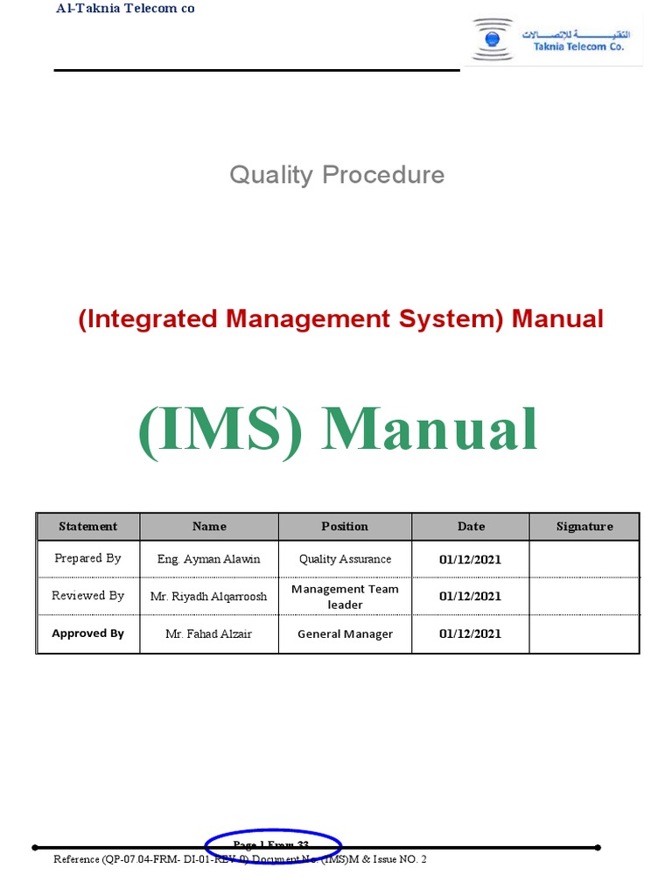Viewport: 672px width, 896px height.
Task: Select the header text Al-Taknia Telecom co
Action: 125,9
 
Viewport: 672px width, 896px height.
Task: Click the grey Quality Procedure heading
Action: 337,175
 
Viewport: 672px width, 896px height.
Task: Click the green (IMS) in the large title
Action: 220,430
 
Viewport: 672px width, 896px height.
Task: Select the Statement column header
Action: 87,527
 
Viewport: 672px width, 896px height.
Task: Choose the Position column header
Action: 345,527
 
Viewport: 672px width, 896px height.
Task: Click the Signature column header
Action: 584,527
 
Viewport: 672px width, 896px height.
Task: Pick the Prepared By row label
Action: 87,558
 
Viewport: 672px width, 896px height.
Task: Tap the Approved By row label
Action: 87,633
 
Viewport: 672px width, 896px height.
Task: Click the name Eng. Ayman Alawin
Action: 208,559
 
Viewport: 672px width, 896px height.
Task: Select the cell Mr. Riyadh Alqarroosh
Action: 208,596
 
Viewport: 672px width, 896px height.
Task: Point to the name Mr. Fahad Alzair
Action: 208,633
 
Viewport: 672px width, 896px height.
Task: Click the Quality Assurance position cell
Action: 345,559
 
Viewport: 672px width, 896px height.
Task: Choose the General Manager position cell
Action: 345,633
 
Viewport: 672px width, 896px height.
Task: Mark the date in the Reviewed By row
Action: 470,596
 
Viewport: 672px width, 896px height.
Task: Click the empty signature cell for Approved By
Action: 584,633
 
